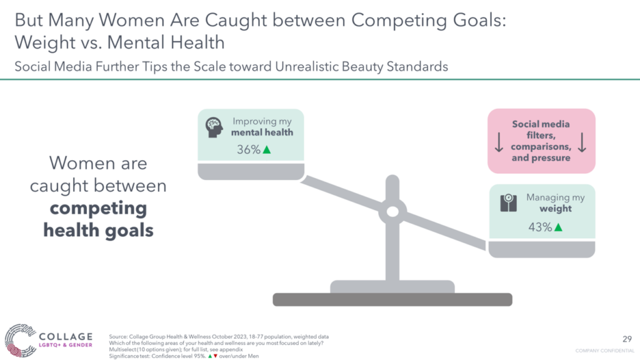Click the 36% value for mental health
pyautogui.click(x=249, y=150)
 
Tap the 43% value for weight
pyautogui.click(x=540, y=227)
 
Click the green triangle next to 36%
pyautogui.click(x=267, y=150)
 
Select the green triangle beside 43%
pyautogui.click(x=558, y=227)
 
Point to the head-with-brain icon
pyautogui.click(x=214, y=127)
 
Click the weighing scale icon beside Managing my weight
pyautogui.click(x=509, y=203)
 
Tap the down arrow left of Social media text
pyautogui.click(x=499, y=142)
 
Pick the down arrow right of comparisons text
pyautogui.click(x=582, y=142)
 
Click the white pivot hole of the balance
pyautogui.click(x=392, y=211)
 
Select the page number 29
pyautogui.click(x=627, y=339)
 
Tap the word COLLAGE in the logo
pyautogui.click(x=66, y=337)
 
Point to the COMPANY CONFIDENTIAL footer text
pyautogui.click(x=604, y=351)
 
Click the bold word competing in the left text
pyautogui.click(x=98, y=209)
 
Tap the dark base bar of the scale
pyautogui.click(x=392, y=299)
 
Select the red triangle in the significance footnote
pyautogui.click(x=216, y=356)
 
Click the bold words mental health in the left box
pyautogui.click(x=262, y=132)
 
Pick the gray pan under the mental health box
pyautogui.click(x=251, y=171)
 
